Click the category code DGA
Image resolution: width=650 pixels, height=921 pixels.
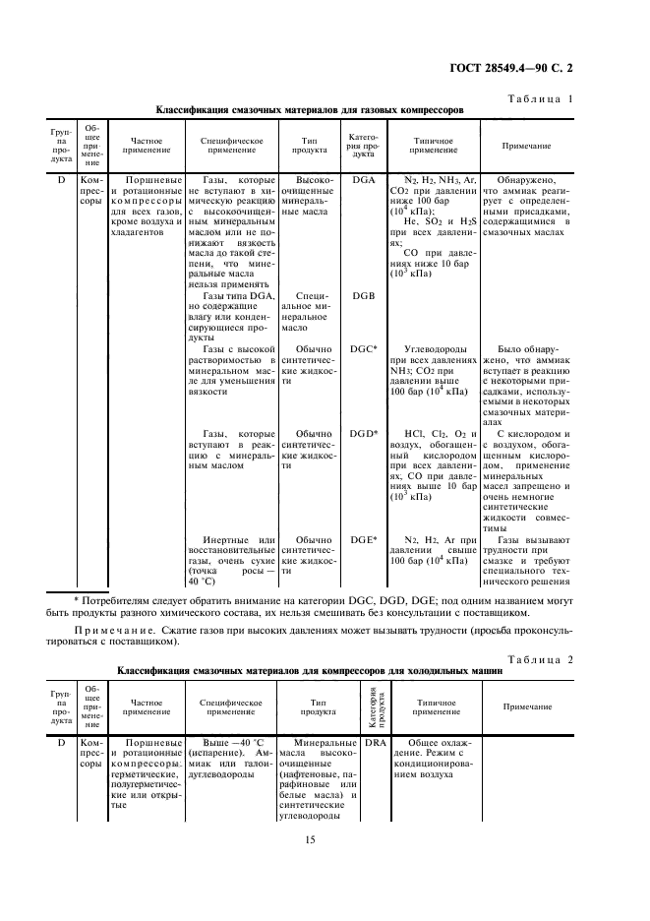[x=363, y=181]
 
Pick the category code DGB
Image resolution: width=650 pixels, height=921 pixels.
[x=363, y=295]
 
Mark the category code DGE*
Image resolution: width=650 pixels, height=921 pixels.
[x=364, y=539]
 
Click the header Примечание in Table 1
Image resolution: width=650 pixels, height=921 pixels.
[x=526, y=146]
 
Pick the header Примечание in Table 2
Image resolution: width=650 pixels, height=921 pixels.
[x=528, y=707]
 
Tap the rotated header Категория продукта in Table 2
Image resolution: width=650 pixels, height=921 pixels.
[x=375, y=706]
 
